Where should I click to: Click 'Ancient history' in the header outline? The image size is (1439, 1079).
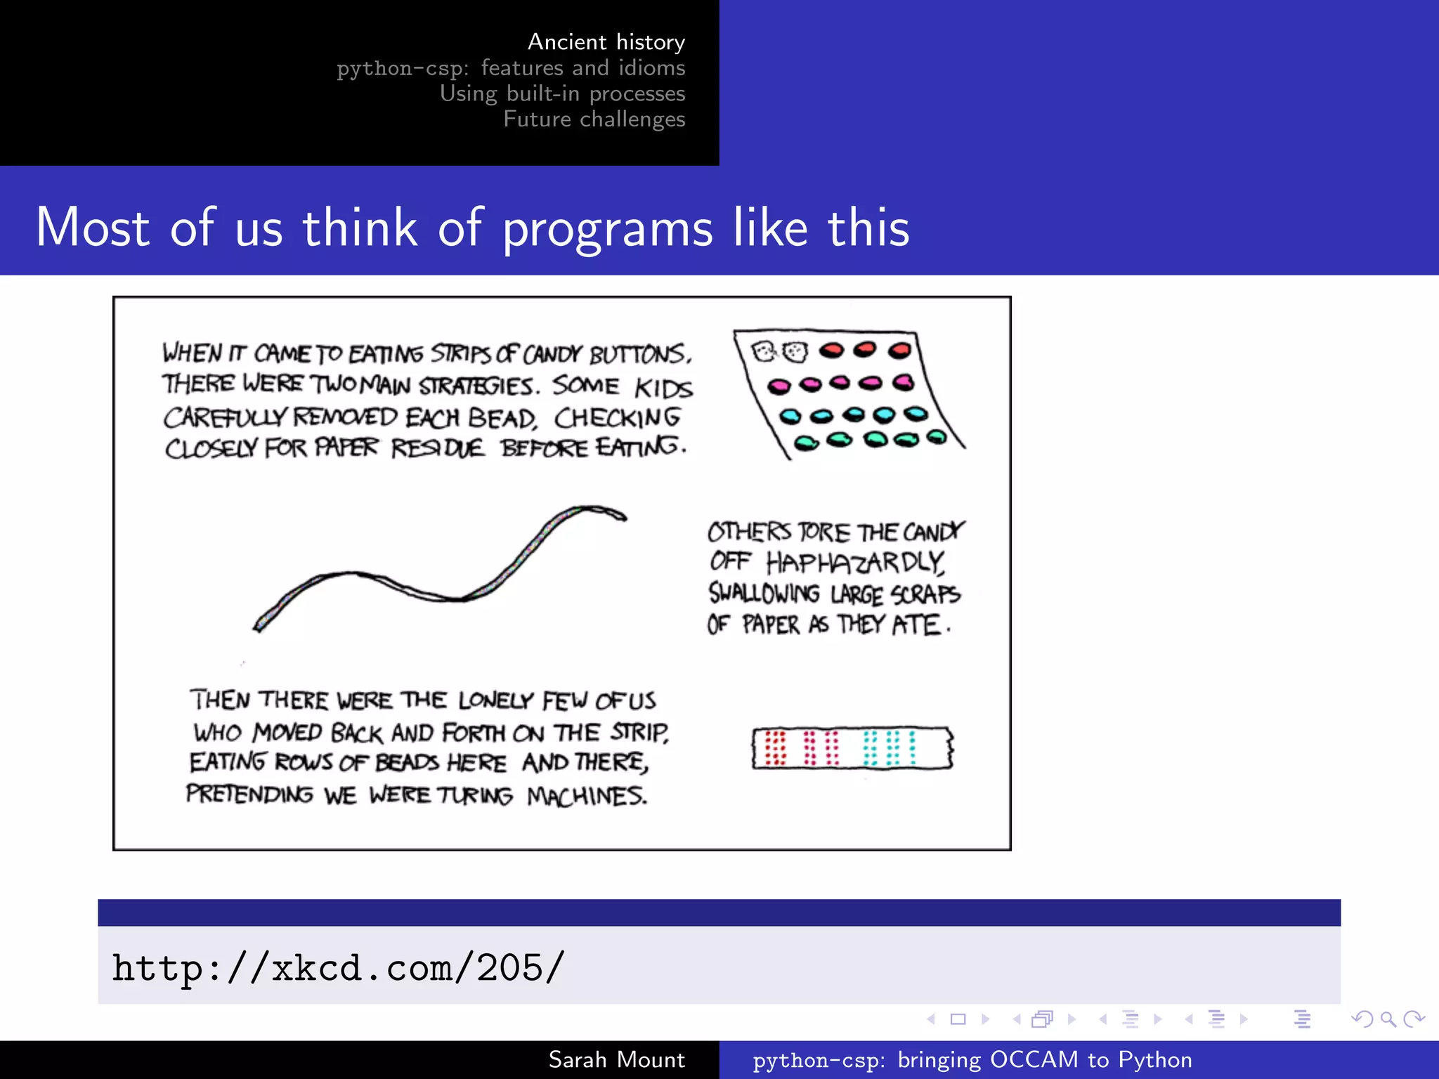606,42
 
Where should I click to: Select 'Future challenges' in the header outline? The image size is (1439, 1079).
594,119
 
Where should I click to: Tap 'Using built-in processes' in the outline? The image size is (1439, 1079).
562,93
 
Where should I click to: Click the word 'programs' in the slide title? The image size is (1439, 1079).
607,228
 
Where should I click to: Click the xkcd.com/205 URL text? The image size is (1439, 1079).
338,968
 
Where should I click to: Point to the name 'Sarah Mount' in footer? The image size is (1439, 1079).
616,1059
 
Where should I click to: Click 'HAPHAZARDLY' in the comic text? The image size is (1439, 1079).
855,563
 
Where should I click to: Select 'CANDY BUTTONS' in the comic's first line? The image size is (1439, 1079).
606,354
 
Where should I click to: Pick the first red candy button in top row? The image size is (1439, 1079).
832,350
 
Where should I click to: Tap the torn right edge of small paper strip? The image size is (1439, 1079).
950,747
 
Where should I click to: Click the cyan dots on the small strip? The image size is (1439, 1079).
890,747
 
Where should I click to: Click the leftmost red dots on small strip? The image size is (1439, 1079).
775,747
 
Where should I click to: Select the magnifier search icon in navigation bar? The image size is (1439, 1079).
1388,1019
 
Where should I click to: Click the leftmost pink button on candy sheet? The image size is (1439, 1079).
779,386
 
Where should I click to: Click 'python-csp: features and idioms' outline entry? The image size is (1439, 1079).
511,68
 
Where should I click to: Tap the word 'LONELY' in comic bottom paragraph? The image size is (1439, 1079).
496,700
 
